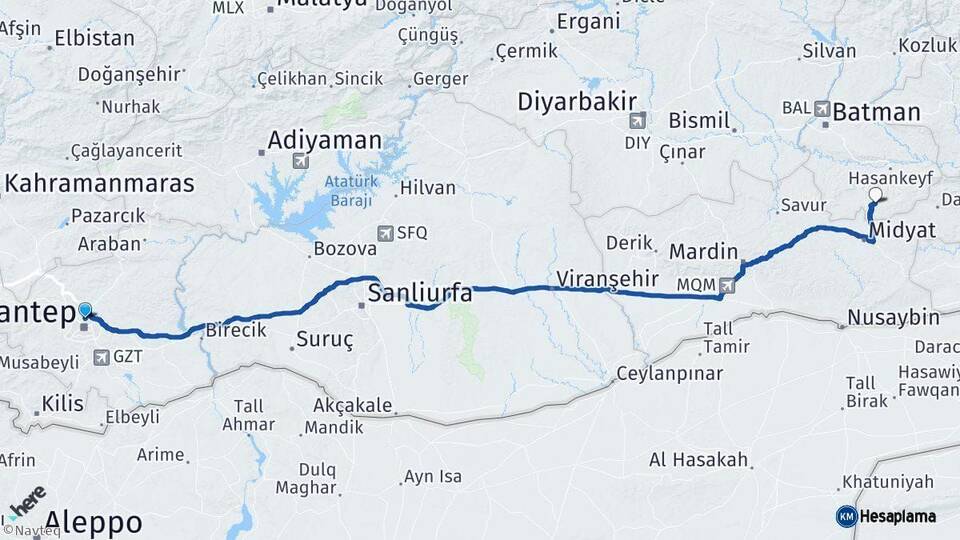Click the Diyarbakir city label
click(577, 101)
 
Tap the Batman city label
click(876, 111)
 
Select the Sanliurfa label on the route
click(420, 293)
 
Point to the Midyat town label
click(902, 231)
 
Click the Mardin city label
click(703, 251)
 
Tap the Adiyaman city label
click(325, 140)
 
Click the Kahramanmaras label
click(99, 183)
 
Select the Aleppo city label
click(93, 522)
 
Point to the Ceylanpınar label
click(669, 373)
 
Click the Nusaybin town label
click(893, 318)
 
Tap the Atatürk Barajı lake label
click(348, 190)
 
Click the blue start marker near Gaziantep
click(85, 311)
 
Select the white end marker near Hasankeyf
click(876, 195)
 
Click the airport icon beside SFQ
click(385, 233)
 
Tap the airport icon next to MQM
click(726, 286)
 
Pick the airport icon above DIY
click(637, 121)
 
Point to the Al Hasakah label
click(699, 460)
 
